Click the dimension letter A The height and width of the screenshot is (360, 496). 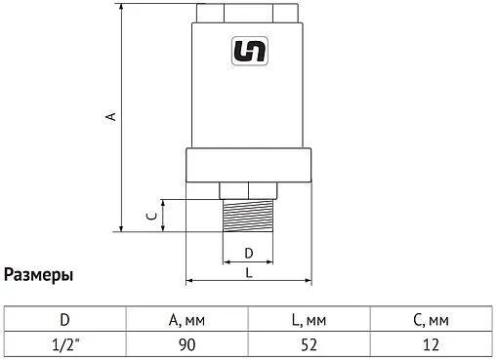111,117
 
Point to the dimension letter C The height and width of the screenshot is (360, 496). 149,216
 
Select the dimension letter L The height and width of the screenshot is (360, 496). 248,273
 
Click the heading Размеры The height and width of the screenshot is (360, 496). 38,275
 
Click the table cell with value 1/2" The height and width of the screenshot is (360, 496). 64,344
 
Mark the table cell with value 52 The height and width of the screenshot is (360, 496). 310,344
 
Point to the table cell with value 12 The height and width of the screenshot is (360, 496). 433,344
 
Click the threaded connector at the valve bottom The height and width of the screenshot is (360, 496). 248,216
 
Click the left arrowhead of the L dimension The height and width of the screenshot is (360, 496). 188,282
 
